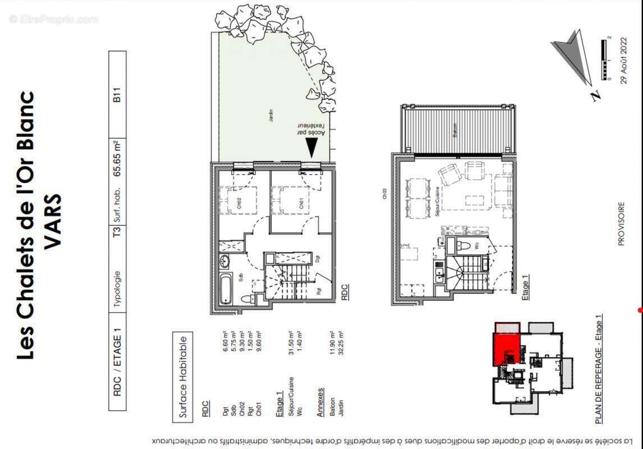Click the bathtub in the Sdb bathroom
(x=226, y=288)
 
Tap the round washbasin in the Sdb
(x=225, y=262)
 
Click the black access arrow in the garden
(x=310, y=148)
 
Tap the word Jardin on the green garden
(x=270, y=116)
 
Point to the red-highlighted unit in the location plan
(x=507, y=348)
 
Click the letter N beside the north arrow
(x=595, y=96)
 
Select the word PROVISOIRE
(x=621, y=224)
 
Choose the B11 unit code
(x=117, y=92)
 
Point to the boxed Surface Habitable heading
(x=183, y=376)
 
